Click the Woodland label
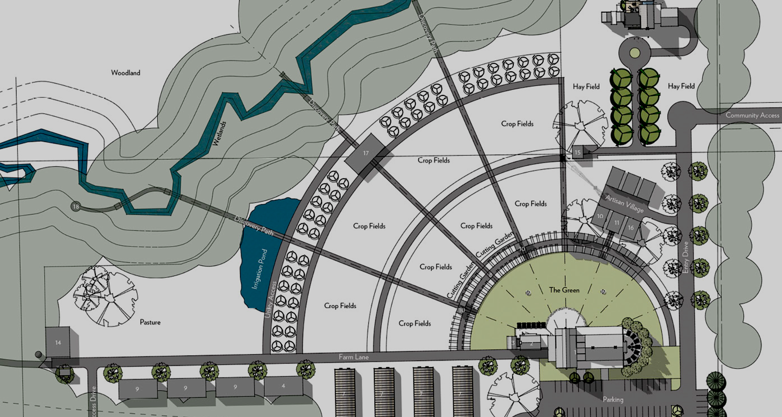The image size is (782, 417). coord(126,73)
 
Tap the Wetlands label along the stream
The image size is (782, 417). coord(219,133)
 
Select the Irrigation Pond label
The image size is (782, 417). coord(260,269)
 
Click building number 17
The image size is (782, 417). coord(366,153)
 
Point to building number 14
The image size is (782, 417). coord(58,343)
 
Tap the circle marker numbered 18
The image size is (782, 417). coord(76,207)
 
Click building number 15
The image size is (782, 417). coord(577,152)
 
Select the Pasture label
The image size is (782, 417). coord(150,322)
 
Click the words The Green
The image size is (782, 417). coord(564,290)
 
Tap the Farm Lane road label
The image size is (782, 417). coord(354,357)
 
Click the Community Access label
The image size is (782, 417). coord(752,115)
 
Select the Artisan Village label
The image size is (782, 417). coord(625,204)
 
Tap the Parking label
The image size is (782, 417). coord(613,400)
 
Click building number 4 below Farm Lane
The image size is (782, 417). coord(284,386)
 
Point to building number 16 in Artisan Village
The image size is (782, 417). coord(631,227)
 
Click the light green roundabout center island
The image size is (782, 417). coord(635,53)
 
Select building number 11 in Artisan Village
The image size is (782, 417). coord(617,223)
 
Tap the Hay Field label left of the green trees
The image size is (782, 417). coord(586,87)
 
